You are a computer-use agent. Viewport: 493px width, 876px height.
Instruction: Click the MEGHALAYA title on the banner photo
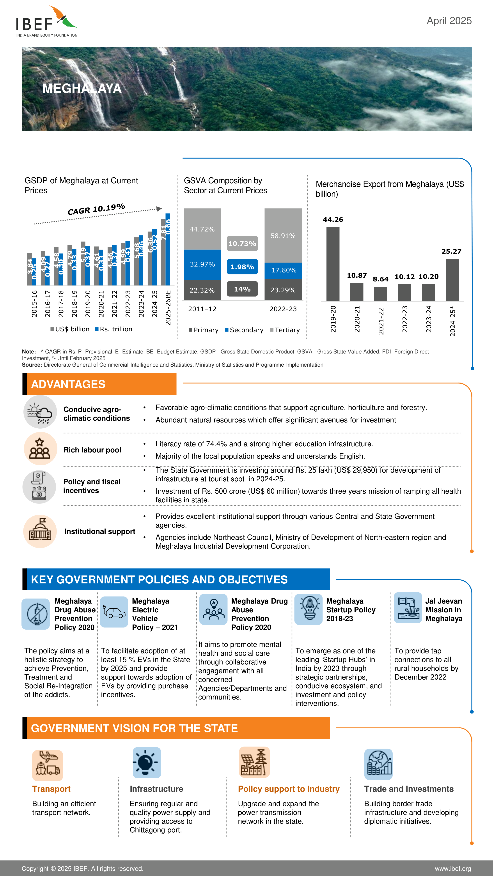click(x=82, y=88)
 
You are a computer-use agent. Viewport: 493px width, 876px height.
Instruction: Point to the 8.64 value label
click(x=380, y=279)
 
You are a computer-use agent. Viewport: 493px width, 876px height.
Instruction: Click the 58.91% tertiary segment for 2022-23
click(x=283, y=235)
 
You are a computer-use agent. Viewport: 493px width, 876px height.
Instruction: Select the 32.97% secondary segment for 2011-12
click(x=202, y=264)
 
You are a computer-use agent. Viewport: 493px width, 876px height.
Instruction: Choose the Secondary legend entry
click(x=244, y=330)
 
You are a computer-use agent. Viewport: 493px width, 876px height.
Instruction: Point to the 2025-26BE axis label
click(x=168, y=307)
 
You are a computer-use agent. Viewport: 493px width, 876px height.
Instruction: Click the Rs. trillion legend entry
click(x=114, y=329)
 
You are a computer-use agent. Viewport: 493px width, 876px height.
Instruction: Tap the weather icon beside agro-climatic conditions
click(x=40, y=412)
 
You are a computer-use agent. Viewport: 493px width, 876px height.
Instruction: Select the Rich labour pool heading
click(x=92, y=450)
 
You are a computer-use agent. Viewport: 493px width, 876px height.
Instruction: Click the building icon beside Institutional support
click(x=40, y=531)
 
